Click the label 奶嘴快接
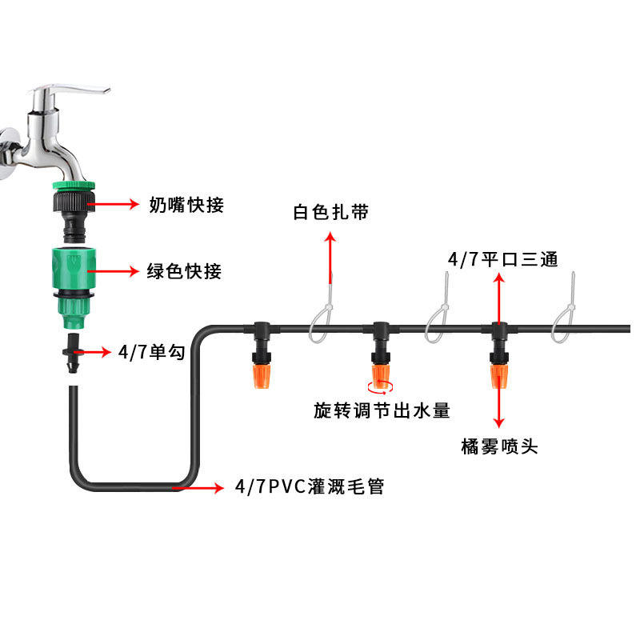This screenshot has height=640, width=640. (x=186, y=205)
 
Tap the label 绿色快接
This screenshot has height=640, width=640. (x=185, y=271)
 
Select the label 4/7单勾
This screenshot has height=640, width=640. (x=152, y=352)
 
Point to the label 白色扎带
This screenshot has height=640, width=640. (x=330, y=212)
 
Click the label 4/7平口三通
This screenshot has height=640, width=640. (x=502, y=259)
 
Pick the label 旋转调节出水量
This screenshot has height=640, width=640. (x=382, y=410)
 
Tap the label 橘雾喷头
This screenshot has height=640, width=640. (x=499, y=446)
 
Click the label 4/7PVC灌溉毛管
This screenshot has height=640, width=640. (x=310, y=486)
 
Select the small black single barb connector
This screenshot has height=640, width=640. (x=73, y=353)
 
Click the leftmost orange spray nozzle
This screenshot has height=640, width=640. (x=262, y=376)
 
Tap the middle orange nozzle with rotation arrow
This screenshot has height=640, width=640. (x=381, y=376)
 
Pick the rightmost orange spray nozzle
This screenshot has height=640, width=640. (x=499, y=376)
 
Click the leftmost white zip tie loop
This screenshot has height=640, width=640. (x=322, y=318)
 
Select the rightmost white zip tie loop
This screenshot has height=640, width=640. (x=564, y=318)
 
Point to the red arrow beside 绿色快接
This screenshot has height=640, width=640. (x=114, y=271)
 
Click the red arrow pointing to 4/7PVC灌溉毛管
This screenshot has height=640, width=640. (x=198, y=487)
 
